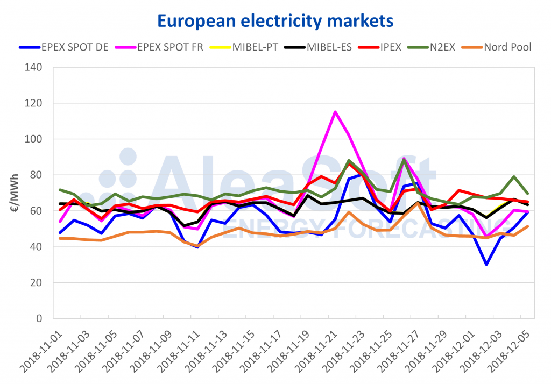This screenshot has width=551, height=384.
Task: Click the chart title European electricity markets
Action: pyautogui.click(x=275, y=20)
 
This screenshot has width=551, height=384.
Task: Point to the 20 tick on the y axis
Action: pyautogui.click(x=37, y=282)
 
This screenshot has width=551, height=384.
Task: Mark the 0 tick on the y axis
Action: pyautogui.click(x=40, y=318)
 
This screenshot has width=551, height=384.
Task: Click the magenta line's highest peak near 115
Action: pyautogui.click(x=335, y=112)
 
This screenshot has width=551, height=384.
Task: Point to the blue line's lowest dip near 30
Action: pyautogui.click(x=486, y=264)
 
